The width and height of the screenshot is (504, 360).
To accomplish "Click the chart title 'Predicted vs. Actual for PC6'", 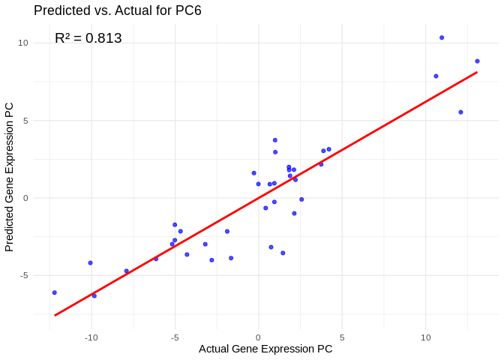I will (x=118, y=10).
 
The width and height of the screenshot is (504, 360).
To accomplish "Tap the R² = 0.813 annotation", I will (x=88, y=38).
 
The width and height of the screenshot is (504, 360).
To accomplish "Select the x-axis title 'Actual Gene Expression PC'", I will (x=265, y=349).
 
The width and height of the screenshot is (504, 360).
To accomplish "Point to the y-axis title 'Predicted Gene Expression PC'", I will (x=10, y=177).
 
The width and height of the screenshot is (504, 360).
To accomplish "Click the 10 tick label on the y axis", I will (x=23, y=43).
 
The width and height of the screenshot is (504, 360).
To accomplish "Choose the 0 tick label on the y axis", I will (x=25, y=198).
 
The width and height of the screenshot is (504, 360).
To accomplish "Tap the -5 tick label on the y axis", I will (x=23, y=276).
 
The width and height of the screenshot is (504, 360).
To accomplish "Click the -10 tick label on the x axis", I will (x=91, y=337).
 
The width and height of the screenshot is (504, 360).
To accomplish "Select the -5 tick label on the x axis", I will (x=175, y=337).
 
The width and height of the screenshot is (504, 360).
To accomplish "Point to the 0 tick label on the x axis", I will (x=258, y=337).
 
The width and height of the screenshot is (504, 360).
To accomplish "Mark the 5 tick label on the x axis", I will (x=342, y=337).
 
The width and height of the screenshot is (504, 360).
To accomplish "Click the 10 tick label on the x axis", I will (x=425, y=337).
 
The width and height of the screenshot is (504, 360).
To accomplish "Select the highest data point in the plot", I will (x=442, y=37).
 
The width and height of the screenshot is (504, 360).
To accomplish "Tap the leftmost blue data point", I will (x=55, y=292).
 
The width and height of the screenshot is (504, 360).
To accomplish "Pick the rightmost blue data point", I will (x=477, y=61).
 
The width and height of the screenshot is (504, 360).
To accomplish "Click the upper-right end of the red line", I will (x=477, y=73).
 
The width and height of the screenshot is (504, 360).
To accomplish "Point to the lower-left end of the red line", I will (x=55, y=315).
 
